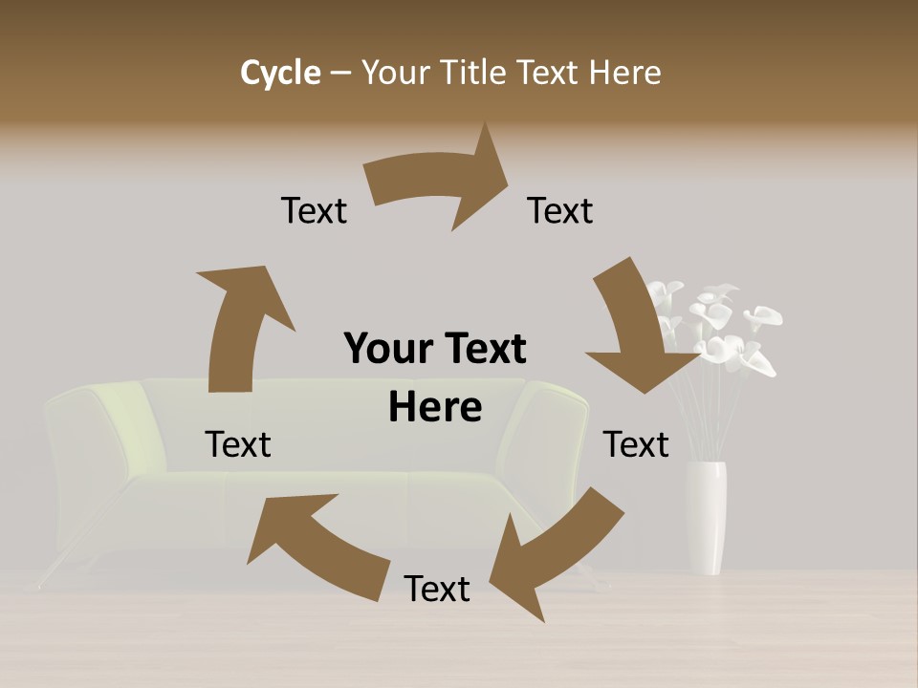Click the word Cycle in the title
click(x=280, y=73)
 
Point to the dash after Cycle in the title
click(x=340, y=74)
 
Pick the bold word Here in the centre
click(x=435, y=407)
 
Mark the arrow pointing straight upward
click(x=239, y=325)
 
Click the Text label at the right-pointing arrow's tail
click(x=314, y=210)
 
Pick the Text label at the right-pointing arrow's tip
click(x=560, y=210)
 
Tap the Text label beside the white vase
click(x=636, y=444)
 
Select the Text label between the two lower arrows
click(x=437, y=589)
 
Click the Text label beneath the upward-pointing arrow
click(x=238, y=444)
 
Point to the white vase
click(x=706, y=516)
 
